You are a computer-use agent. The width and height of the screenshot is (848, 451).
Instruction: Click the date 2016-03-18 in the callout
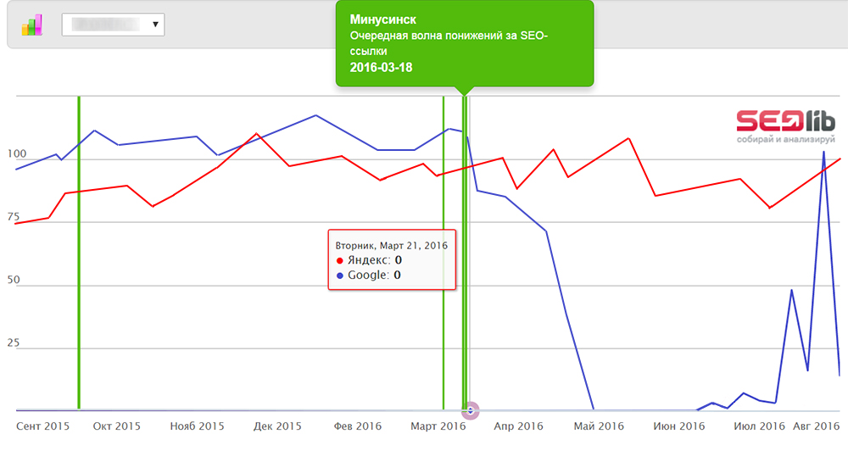point(381,68)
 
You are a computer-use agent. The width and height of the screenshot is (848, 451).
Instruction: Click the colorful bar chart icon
point(32,25)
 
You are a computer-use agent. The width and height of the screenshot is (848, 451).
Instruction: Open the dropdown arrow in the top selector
point(155,25)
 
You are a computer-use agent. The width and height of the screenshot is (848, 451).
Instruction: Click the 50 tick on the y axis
point(13,280)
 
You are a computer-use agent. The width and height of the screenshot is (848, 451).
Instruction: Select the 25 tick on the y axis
point(13,343)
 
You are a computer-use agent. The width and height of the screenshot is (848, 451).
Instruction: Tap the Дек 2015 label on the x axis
point(276,426)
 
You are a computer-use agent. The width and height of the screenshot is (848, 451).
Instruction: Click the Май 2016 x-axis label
point(598,426)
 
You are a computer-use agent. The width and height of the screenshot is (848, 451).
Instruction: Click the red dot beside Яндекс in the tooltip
point(340,260)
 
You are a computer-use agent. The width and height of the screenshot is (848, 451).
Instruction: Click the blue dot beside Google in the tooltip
point(340,276)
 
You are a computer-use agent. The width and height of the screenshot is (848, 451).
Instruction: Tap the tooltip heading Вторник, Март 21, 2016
point(392,244)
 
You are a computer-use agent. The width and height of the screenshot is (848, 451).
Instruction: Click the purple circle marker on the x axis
point(470,410)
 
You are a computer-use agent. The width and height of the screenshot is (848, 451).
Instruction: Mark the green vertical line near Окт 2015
point(79,254)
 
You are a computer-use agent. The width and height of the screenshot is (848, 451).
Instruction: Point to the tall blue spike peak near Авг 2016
point(823,153)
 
